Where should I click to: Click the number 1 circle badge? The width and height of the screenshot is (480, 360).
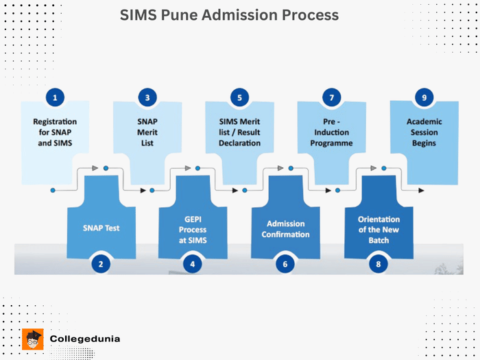pyautogui.click(x=55, y=98)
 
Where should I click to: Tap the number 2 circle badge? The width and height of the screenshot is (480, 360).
pyautogui.click(x=101, y=263)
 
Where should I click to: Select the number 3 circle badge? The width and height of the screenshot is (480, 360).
pyautogui.click(x=147, y=98)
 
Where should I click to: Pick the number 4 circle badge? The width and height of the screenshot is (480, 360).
pyautogui.click(x=193, y=263)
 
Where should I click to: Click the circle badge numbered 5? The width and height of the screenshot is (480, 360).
pyautogui.click(x=239, y=98)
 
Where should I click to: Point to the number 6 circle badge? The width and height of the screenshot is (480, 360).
pyautogui.click(x=285, y=263)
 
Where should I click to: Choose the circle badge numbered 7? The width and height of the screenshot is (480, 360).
pyautogui.click(x=331, y=98)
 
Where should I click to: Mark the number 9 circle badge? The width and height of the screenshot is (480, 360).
pyautogui.click(x=424, y=98)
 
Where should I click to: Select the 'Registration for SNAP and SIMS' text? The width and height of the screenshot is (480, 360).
pyautogui.click(x=55, y=132)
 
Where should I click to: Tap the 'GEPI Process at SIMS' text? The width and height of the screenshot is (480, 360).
pyautogui.click(x=193, y=229)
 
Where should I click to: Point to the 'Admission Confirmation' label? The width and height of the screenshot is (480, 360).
pyautogui.click(x=285, y=229)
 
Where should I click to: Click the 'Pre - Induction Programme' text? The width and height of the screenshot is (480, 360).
pyautogui.click(x=331, y=132)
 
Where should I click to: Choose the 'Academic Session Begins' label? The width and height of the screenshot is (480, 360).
pyautogui.click(x=424, y=132)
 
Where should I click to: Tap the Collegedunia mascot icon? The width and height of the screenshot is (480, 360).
pyautogui.click(x=33, y=339)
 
